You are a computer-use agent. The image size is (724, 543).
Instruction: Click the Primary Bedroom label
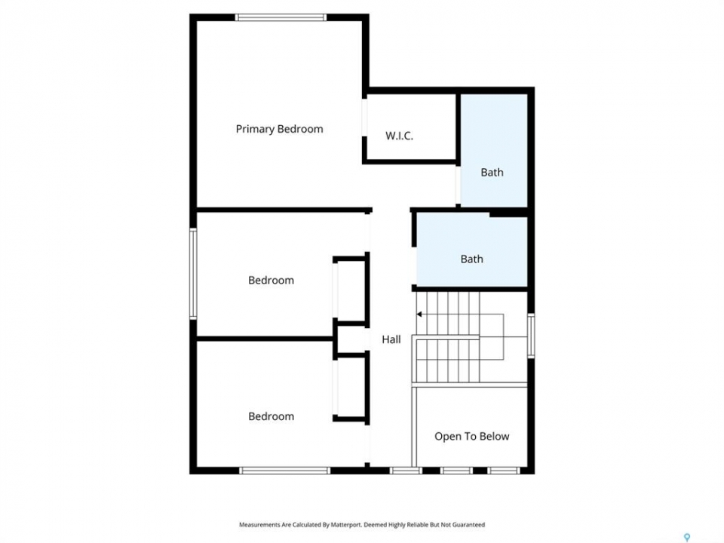tap(279, 129)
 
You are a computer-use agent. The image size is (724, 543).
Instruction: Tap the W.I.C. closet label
tap(400, 136)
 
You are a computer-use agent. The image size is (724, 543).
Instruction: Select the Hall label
tap(391, 339)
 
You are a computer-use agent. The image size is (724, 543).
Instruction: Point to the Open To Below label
tap(472, 437)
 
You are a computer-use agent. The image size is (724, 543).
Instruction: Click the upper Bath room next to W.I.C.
tap(494, 151)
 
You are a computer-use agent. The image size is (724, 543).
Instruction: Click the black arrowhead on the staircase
tap(419, 314)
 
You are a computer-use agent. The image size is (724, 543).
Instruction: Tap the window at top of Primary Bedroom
tap(281, 17)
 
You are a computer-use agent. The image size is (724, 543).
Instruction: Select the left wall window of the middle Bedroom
tap(194, 273)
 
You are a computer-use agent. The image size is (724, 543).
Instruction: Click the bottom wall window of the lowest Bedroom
tap(284, 471)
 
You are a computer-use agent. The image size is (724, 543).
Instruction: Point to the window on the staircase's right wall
tap(532, 335)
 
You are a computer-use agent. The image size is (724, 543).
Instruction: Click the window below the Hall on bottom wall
tap(406, 471)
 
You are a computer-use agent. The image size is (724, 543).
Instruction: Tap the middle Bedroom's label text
tap(271, 281)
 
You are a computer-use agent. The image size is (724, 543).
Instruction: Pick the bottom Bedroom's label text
tap(271, 416)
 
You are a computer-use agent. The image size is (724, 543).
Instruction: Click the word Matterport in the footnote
tap(346, 525)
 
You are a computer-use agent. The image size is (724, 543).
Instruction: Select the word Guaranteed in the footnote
tap(468, 525)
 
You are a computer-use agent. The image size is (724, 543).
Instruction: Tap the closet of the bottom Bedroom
tap(350, 388)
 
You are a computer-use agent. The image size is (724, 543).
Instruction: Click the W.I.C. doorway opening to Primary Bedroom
tap(364, 118)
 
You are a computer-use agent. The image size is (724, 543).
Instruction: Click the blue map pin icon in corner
tap(687, 538)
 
